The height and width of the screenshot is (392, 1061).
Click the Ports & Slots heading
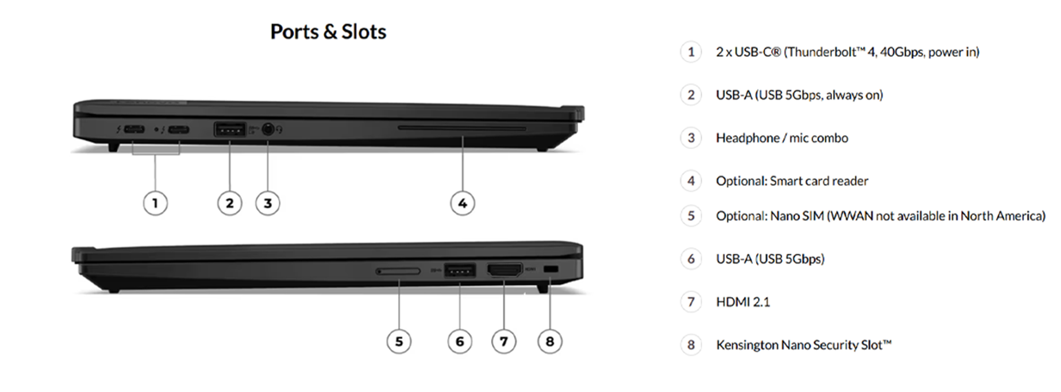coord(328,32)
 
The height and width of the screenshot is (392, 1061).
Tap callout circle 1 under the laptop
coord(155,203)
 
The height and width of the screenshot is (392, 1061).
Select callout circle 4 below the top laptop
coord(462,203)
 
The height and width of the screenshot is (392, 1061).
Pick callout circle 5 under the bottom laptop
coord(399,341)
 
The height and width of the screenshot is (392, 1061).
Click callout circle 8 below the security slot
coord(550,341)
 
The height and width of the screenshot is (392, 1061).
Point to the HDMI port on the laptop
coord(504,270)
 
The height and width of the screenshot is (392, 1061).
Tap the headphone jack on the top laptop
coord(268,129)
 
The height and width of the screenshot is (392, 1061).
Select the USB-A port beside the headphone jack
coord(229,129)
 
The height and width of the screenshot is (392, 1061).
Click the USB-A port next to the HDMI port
coord(459,271)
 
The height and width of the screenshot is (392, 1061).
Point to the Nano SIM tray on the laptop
coord(398,271)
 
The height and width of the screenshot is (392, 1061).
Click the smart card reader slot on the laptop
coord(462,128)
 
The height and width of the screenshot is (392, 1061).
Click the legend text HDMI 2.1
coord(743,302)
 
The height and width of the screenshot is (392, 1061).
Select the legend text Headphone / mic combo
coord(782,138)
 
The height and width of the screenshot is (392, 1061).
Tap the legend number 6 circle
coord(691,259)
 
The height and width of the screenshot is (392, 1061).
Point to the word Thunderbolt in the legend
coord(820,52)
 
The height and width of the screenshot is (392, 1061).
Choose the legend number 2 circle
coord(691,95)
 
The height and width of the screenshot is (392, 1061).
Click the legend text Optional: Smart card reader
coord(792,181)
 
